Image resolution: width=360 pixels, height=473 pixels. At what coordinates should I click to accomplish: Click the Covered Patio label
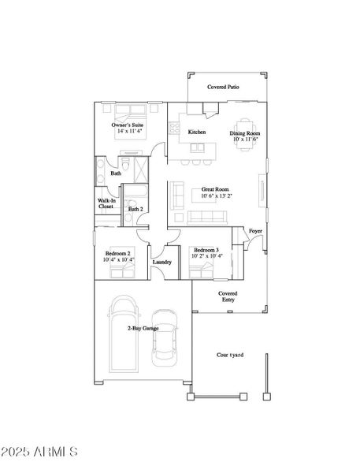tap(223, 87)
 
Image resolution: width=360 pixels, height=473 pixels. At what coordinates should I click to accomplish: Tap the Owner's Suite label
tap(127, 125)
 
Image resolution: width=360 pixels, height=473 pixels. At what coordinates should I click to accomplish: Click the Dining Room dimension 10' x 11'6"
tap(244, 139)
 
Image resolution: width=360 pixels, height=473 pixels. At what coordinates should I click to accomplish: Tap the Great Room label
tap(214, 189)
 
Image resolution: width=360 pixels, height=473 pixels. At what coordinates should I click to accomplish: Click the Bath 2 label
tap(135, 209)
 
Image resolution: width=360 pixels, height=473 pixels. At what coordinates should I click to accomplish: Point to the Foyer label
tap(255, 231)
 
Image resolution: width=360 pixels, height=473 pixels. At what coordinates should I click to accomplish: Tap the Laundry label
tap(162, 262)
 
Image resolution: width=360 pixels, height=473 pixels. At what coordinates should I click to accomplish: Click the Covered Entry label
tap(228, 296)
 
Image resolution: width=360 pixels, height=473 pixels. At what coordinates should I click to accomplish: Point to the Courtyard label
tap(230, 355)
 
